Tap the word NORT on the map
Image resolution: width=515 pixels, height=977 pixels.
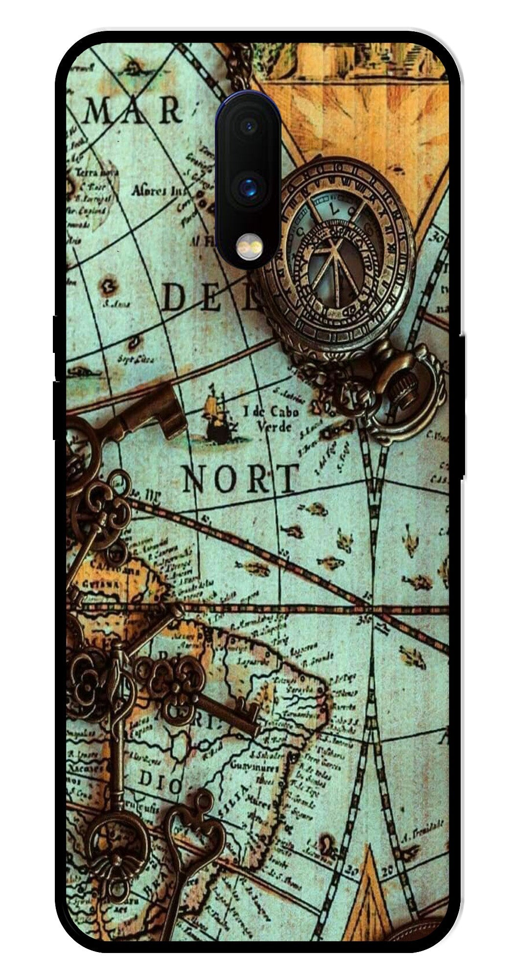(240, 479)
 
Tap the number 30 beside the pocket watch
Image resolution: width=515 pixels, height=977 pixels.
(438, 238)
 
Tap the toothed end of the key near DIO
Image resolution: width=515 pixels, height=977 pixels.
(244, 715)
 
